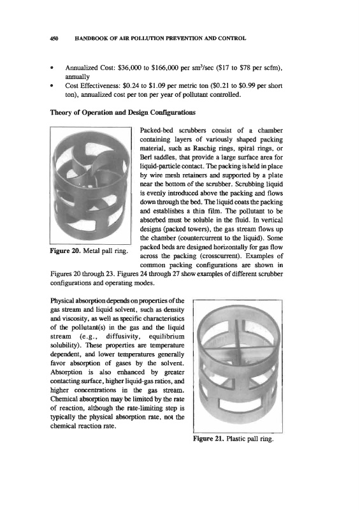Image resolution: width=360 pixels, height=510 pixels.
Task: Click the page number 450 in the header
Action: point(54,38)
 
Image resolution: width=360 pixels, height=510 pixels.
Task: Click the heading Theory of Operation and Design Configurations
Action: point(123,113)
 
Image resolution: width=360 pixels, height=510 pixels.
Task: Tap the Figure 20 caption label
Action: point(66,251)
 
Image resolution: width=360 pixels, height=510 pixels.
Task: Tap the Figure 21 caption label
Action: point(208,439)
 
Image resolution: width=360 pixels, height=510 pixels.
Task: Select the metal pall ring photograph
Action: point(90,186)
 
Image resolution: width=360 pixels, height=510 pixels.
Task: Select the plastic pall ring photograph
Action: point(238,366)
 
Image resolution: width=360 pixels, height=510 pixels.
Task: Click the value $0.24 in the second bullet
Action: point(132,86)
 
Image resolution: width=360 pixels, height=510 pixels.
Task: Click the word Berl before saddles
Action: point(145,157)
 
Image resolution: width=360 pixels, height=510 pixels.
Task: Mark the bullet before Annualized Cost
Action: point(52,68)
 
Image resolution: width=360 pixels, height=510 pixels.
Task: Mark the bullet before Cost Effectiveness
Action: point(52,86)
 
